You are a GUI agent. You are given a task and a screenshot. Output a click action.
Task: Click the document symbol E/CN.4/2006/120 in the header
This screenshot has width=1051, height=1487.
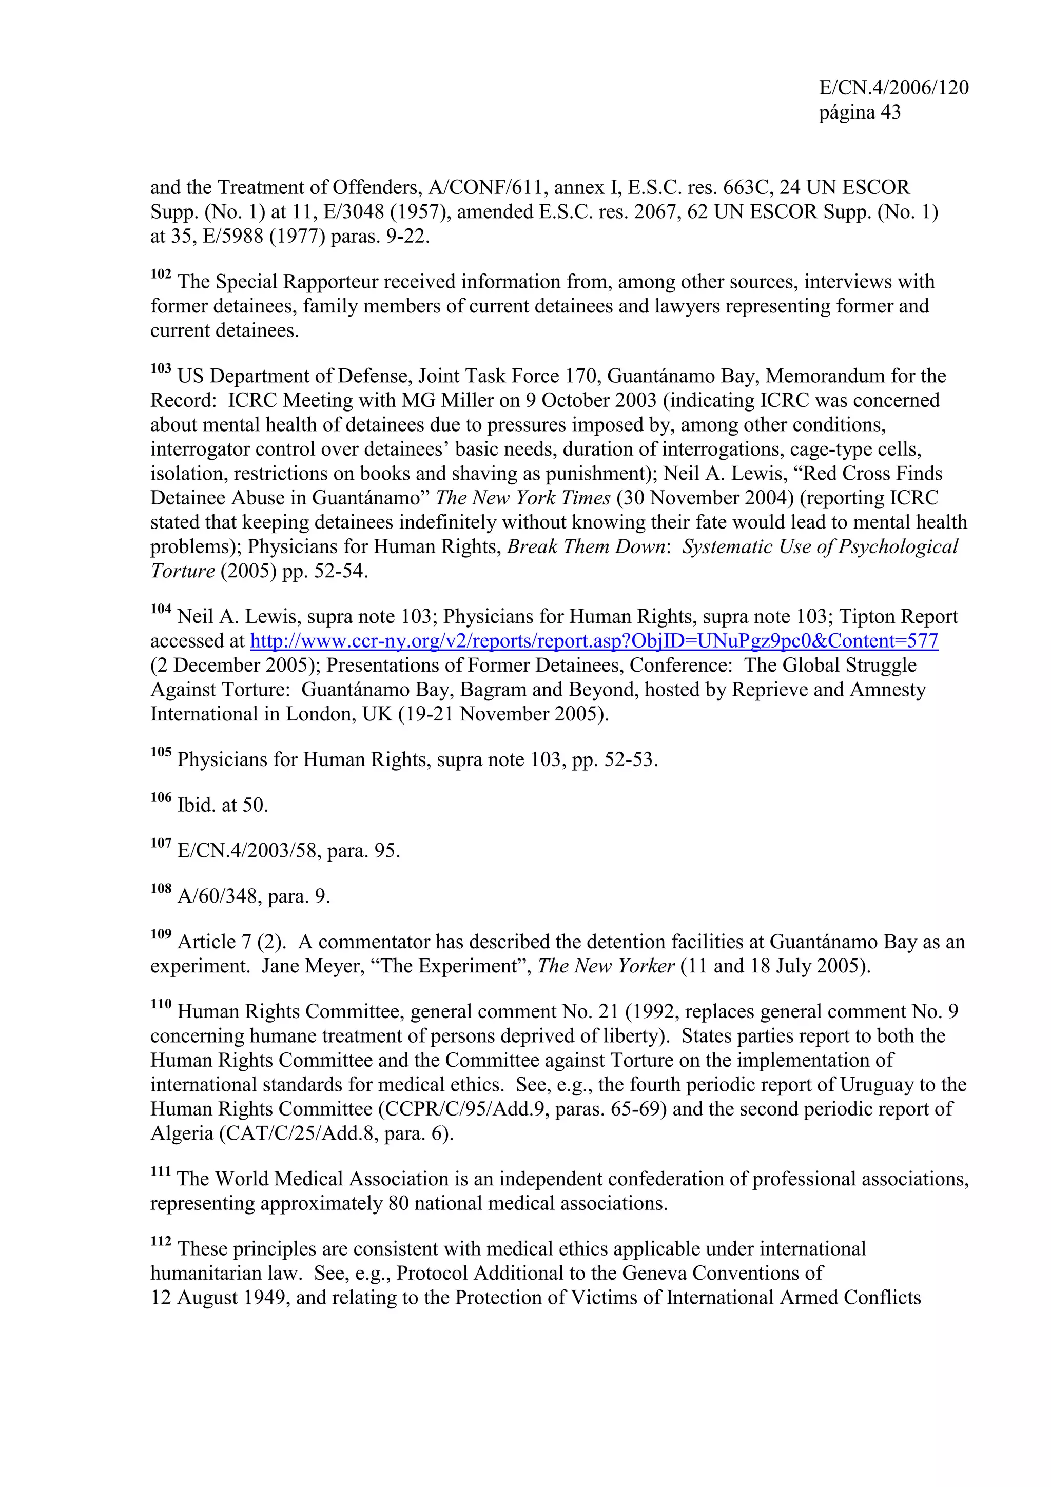[893, 87]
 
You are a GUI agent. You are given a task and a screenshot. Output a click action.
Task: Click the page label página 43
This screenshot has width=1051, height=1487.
[859, 113]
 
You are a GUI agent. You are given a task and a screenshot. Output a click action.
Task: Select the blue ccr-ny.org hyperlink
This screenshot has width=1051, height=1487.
[594, 641]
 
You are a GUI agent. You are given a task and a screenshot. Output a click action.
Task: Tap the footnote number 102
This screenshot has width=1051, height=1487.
[161, 275]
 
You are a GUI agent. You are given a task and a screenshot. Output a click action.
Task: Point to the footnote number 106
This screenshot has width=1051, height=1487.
[161, 798]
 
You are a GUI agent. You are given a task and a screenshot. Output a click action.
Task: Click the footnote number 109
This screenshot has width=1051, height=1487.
[161, 934]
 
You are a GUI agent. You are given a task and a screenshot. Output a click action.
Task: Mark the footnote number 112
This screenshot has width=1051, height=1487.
[161, 1242]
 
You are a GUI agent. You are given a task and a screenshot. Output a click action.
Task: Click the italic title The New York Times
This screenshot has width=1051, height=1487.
[522, 498]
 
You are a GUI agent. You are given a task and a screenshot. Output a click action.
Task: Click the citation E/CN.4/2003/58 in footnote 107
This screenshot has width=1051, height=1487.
[249, 851]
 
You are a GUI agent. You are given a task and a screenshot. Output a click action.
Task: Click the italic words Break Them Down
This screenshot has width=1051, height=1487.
[586, 547]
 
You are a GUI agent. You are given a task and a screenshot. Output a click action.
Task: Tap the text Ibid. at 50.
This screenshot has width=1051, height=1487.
[222, 805]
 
